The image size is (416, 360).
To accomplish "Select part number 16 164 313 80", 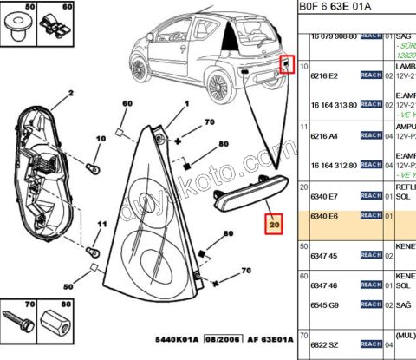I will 333,103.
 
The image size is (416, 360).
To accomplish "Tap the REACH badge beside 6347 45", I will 370,256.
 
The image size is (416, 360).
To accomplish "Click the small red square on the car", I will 283,64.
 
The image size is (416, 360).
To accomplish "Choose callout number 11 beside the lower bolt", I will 101,226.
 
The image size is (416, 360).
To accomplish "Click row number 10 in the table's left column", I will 304,66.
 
